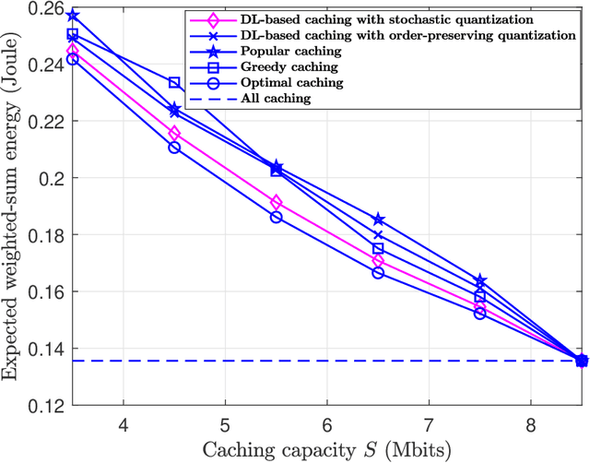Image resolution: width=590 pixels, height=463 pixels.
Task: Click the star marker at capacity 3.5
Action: (x=73, y=17)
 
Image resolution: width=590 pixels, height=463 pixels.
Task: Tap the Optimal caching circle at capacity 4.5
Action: (x=174, y=148)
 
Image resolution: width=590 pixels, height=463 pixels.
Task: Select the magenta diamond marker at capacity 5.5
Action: (x=276, y=202)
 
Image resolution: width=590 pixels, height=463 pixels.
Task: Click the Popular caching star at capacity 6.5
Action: (x=378, y=220)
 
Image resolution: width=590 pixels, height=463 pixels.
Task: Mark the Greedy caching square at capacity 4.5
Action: (x=174, y=83)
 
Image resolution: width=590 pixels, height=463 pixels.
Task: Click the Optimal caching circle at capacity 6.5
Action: (x=378, y=273)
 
